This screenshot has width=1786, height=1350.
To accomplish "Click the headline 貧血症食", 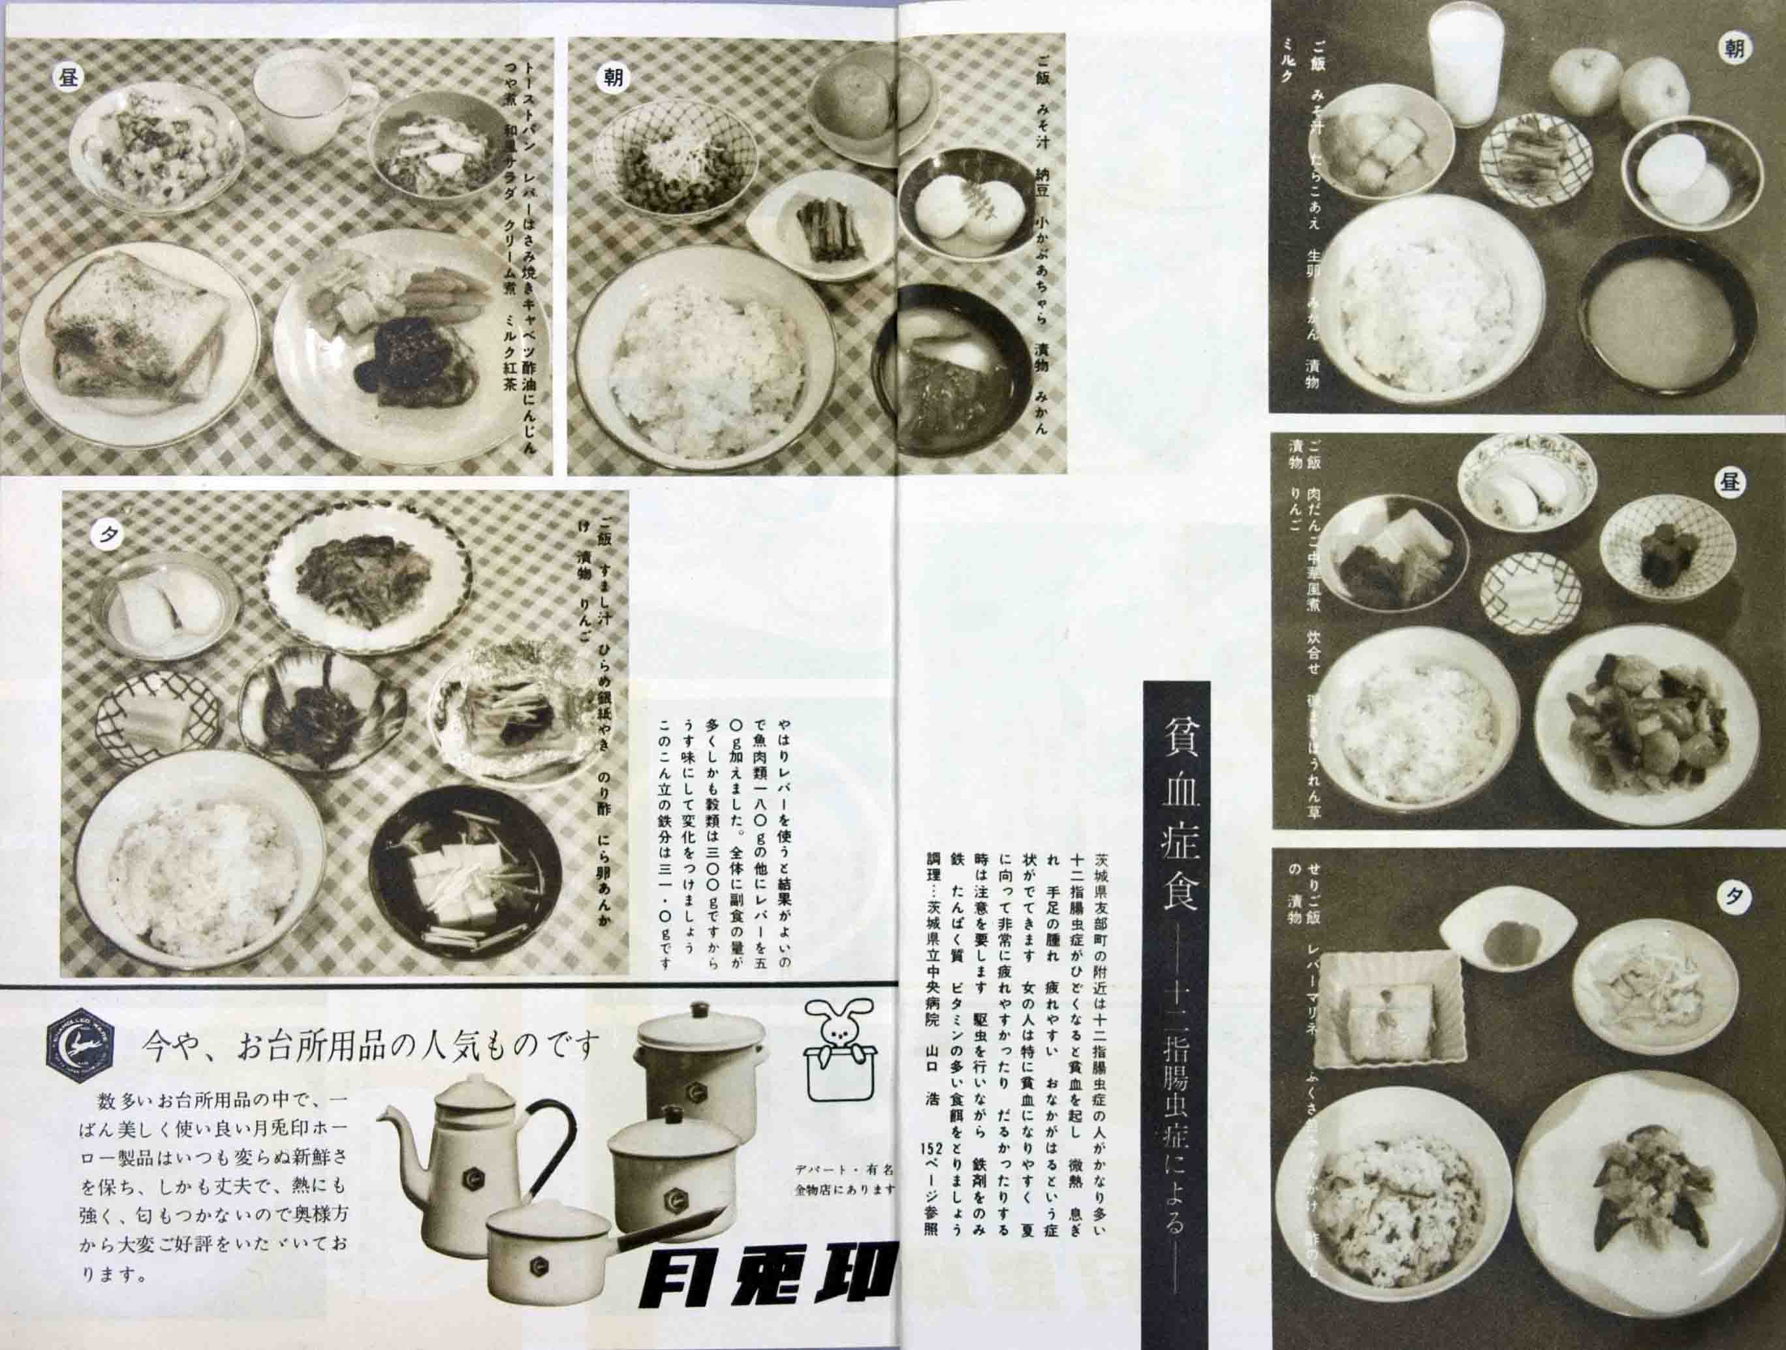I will tap(1176, 799).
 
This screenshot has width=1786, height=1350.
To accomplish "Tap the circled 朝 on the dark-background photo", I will tap(1734, 48).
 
